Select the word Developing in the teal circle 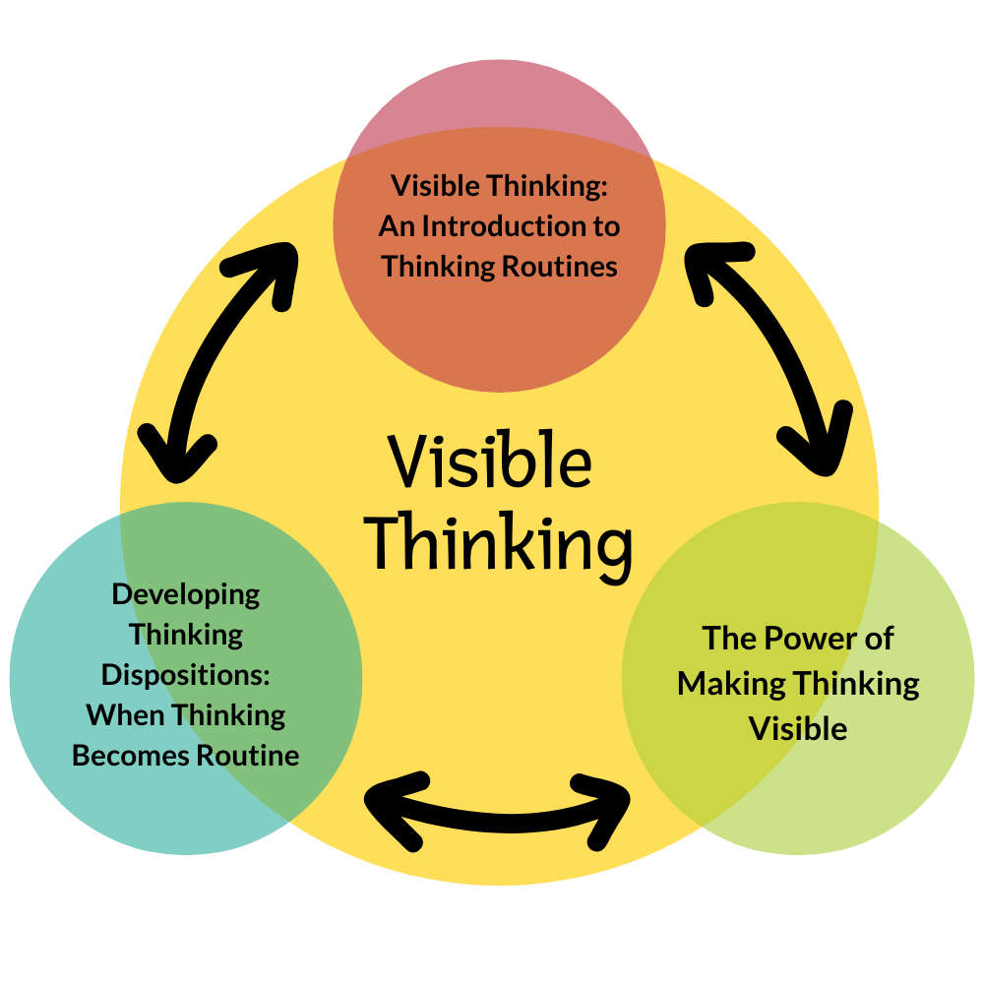click(x=186, y=594)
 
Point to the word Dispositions click(x=186, y=676)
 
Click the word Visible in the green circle click(x=798, y=729)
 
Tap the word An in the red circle click(x=398, y=226)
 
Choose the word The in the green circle click(x=728, y=639)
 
